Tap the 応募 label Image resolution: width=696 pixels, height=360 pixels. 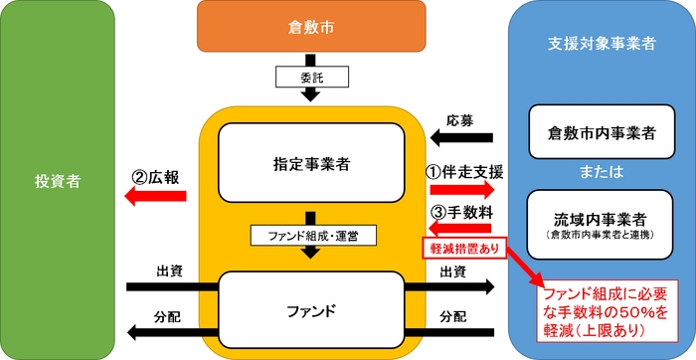point(458,111)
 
